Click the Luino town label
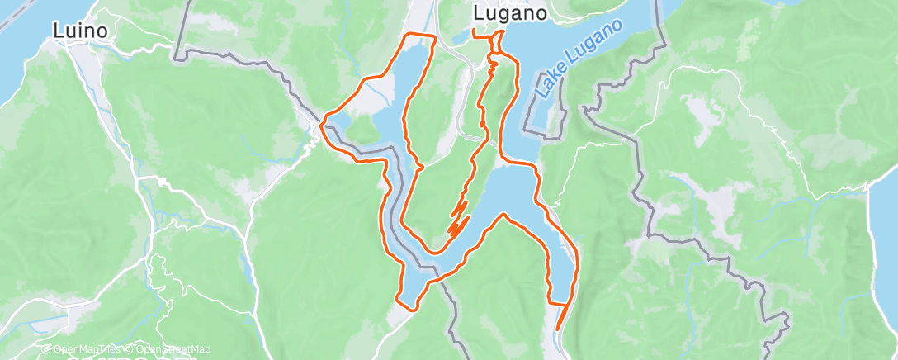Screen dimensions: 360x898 coord(81,31)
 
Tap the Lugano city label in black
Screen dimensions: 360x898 coord(510,13)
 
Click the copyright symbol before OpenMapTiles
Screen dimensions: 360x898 coord(47,349)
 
